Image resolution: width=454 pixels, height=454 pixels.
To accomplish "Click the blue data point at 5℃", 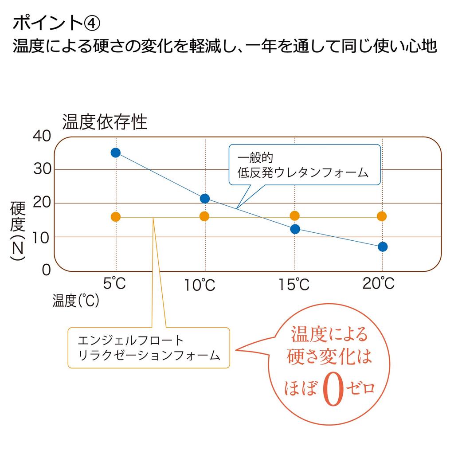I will click(116, 153).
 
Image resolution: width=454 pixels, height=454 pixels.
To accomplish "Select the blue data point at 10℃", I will click(205, 198).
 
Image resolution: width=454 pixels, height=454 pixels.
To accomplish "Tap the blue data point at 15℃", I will click(295, 229).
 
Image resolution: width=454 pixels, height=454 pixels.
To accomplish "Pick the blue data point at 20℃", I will click(383, 247).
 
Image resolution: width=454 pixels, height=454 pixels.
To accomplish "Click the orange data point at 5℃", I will click(116, 217).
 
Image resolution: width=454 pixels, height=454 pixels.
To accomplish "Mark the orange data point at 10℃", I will click(204, 216).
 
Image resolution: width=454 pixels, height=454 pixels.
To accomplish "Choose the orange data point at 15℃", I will click(294, 216).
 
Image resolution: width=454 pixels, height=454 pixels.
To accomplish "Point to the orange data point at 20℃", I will click(382, 216).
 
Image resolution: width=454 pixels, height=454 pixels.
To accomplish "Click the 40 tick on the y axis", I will click(42, 137).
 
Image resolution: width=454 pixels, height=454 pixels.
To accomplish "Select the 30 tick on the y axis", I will click(42, 170).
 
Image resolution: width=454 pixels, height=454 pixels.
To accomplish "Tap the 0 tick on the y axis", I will click(47, 270).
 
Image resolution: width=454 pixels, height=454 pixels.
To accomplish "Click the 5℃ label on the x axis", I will click(115, 283).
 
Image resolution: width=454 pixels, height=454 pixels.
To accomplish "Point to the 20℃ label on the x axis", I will click(378, 283).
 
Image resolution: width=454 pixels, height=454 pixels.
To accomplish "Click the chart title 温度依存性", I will click(105, 121).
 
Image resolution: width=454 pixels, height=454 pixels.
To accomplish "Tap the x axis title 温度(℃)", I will click(75, 301).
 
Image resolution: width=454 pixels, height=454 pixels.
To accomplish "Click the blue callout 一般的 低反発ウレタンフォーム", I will click(305, 165).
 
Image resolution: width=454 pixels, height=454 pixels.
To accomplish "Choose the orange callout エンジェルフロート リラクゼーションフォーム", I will click(149, 347).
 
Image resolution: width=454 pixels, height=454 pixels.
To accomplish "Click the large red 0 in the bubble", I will click(333, 389).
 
